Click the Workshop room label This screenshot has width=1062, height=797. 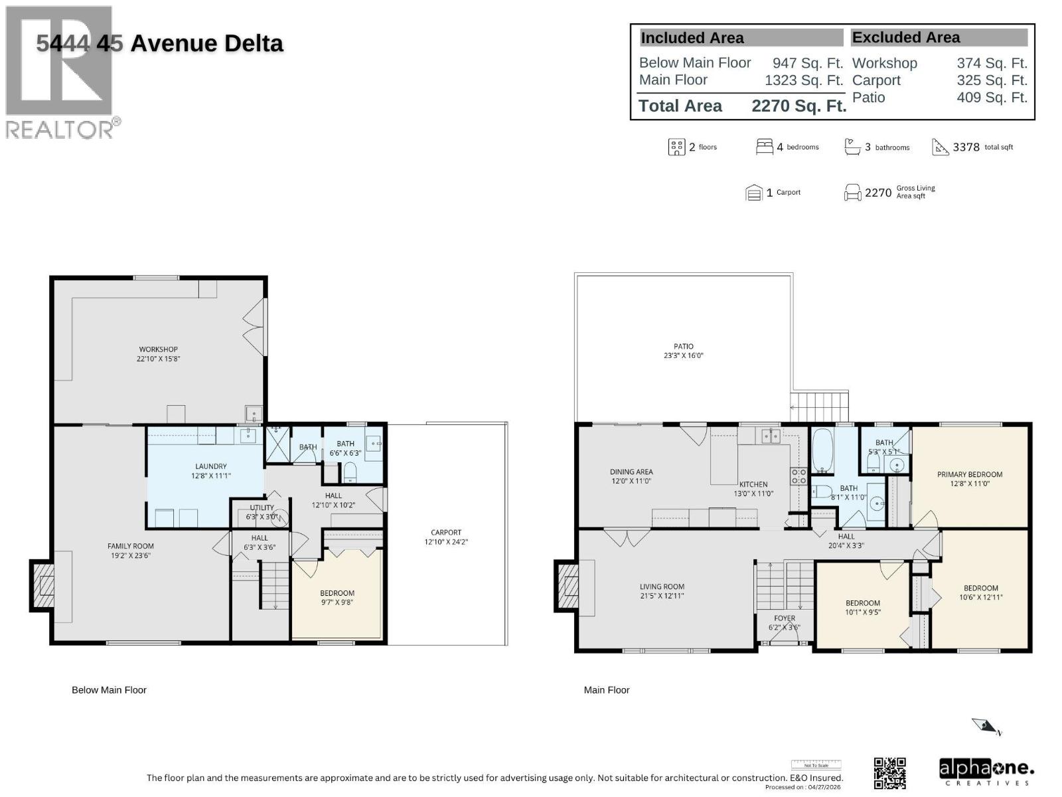click(158, 349)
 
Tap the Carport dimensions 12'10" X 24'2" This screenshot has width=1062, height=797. click(446, 542)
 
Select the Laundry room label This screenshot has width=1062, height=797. click(210, 466)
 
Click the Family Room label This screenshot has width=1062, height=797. click(131, 546)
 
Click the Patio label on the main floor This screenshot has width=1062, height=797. click(683, 346)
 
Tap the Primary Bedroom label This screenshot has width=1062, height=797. click(969, 474)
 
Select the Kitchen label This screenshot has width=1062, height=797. click(753, 484)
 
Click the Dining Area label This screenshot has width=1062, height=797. click(631, 472)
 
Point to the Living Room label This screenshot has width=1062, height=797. click(662, 586)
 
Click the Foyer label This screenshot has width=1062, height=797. click(784, 618)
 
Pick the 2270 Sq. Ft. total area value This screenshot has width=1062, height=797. click(798, 106)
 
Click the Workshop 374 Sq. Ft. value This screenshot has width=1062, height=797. click(991, 63)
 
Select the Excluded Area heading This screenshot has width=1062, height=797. click(905, 38)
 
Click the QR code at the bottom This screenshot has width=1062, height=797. click(889, 772)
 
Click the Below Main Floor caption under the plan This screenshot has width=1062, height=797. click(109, 690)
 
